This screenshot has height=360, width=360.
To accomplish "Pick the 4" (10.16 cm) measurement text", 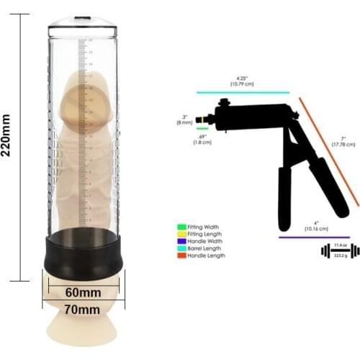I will tap(316, 225).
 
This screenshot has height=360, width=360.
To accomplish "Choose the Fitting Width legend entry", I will tap(202, 227).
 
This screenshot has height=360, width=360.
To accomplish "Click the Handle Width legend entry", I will tap(203, 241).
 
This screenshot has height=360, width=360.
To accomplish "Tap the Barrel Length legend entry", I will tap(203, 248).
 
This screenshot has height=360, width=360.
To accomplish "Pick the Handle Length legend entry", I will tap(204, 256).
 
